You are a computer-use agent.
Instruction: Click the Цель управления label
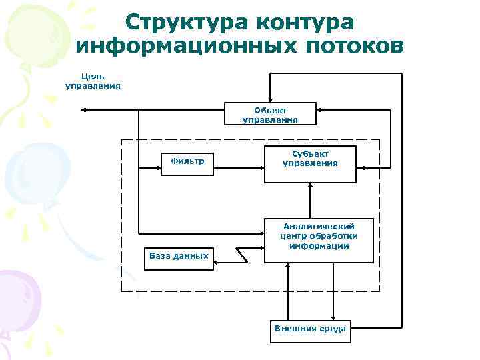[93, 81]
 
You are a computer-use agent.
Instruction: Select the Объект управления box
[270, 115]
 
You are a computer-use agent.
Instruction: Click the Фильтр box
[187, 161]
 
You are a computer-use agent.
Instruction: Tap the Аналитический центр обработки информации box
[319, 240]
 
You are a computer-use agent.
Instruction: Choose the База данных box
[178, 257]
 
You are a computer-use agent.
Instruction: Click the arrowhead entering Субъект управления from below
[310, 187]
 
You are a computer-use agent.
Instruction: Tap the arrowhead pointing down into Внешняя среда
[333, 319]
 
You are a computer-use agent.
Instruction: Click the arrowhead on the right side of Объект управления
[320, 109]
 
